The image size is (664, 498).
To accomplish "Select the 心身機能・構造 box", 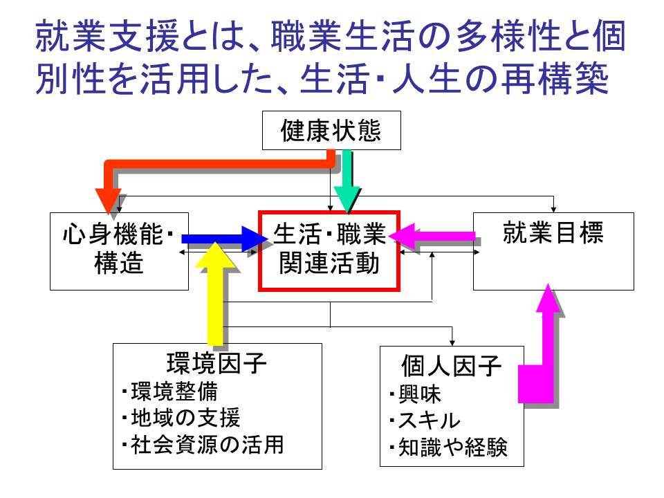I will [x=119, y=250].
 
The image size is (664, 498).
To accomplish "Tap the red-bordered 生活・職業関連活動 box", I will [x=329, y=250].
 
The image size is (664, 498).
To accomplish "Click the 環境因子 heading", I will [x=216, y=363].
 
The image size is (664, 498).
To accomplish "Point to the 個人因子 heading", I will [x=451, y=365].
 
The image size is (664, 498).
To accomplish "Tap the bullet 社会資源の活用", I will [x=202, y=444].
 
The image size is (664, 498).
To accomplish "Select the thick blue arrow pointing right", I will [x=221, y=239].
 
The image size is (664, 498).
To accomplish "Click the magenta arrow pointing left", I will [x=432, y=236].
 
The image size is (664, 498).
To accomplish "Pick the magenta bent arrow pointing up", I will [x=546, y=346].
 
